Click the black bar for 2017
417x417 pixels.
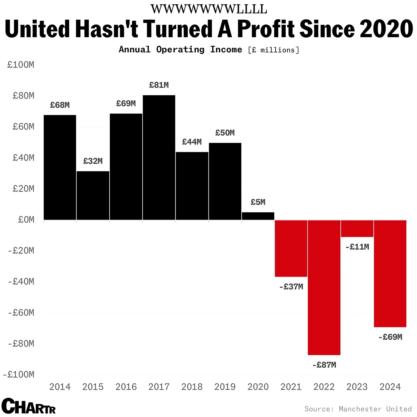159,158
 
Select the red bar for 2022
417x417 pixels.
324,287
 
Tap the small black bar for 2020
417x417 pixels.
258,216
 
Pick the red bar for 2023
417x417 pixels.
357,228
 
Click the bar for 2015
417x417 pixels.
93,195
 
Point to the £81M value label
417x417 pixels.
159,85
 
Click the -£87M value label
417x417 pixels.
324,365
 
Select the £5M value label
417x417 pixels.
258,202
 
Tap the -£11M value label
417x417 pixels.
357,247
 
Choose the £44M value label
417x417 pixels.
192,142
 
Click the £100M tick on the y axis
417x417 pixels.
21,65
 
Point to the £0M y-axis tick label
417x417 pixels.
26,220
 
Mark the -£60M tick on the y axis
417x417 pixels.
21,312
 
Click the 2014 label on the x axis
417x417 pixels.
60,387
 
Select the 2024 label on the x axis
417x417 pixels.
390,387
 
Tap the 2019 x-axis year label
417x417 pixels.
225,387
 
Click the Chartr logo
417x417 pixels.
29,406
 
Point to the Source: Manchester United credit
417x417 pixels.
358,409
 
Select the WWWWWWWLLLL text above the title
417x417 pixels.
209,9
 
